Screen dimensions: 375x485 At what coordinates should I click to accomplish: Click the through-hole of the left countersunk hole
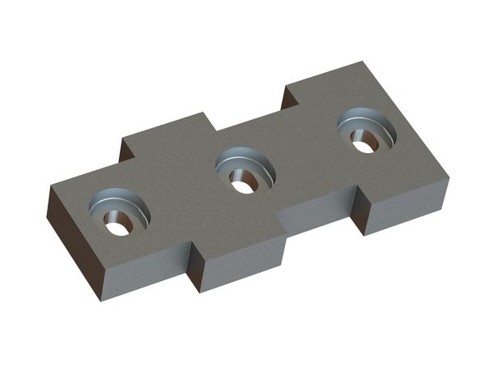click(x=118, y=227)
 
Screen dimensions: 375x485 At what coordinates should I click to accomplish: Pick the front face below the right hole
click(x=405, y=209)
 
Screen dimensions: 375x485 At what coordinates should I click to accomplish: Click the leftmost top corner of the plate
click(x=50, y=187)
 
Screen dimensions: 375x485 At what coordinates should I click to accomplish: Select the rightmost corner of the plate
click(x=448, y=181)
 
